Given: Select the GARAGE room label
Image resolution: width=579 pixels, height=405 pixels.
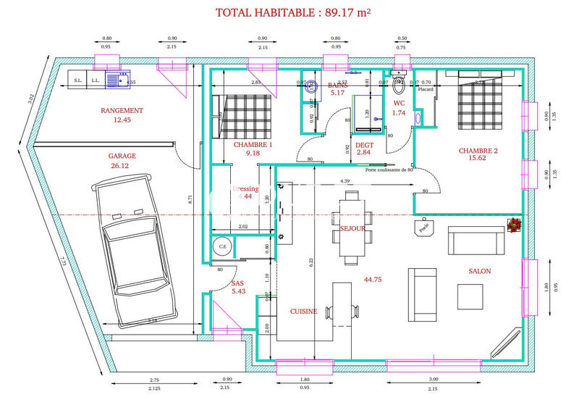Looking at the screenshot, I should pos(122,155).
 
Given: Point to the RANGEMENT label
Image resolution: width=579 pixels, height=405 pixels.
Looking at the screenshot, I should pos(122,111).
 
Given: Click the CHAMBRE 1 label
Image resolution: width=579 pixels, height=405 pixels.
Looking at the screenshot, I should pos(253,144).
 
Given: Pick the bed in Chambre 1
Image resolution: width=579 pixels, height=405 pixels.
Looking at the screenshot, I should pos(243,117).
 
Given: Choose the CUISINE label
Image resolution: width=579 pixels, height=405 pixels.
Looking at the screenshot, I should pos(303,311).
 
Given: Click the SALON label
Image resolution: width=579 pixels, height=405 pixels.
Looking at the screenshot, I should pos(479,271).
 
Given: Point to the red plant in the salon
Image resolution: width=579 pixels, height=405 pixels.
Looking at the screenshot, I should pos(515,225).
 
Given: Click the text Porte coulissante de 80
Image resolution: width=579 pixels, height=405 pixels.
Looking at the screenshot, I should pos(389,170).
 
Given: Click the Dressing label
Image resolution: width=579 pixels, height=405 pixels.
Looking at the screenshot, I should pos(245,188).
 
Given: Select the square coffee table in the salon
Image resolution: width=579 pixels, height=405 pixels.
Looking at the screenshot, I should pos(470,296).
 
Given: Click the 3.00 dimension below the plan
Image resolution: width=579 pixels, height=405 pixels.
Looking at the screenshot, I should pos(434,379).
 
